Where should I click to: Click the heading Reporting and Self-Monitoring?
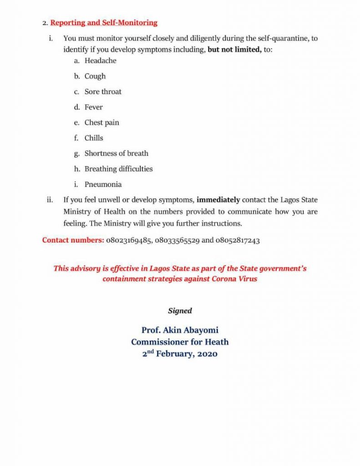tap(104, 22)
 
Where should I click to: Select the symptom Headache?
tap(100, 61)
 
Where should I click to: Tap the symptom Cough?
tap(95, 76)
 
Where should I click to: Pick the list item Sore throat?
tap(103, 91)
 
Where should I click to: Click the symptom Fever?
tap(94, 107)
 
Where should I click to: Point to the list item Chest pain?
tap(101, 122)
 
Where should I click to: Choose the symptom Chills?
tap(94, 138)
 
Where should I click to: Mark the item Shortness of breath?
tap(116, 153)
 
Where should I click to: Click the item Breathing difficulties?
tap(118, 169)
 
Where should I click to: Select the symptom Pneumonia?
tap(103, 184)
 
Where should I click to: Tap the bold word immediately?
tap(218, 200)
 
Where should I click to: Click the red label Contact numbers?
tap(73, 240)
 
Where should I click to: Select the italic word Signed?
tap(180, 311)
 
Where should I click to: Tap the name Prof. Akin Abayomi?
tap(180, 330)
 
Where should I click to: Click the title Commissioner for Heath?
tap(180, 342)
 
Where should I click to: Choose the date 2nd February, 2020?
tap(180, 354)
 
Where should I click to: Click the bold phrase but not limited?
tap(234, 49)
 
